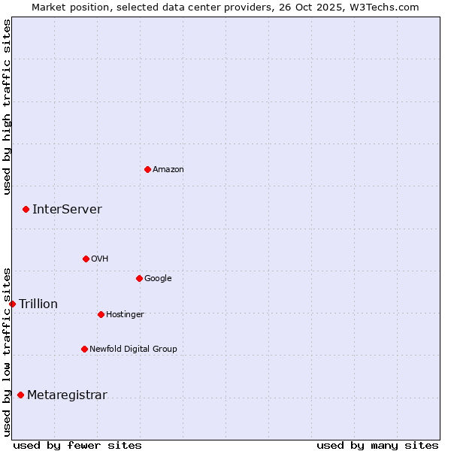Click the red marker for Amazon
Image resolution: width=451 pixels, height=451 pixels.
click(147, 169)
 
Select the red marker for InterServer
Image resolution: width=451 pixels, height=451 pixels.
click(26, 209)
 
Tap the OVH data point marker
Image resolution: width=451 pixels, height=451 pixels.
click(86, 259)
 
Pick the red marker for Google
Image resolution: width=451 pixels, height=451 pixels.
click(139, 278)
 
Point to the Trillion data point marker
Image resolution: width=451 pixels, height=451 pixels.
click(12, 304)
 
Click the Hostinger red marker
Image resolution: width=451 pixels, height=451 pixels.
click(101, 314)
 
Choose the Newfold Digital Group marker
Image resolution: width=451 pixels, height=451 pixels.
click(84, 349)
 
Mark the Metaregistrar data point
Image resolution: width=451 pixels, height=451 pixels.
click(20, 395)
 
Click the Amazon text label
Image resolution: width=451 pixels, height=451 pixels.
click(168, 170)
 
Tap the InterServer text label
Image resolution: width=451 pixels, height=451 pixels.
click(67, 209)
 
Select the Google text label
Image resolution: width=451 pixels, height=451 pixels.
click(158, 279)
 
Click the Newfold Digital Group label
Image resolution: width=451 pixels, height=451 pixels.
click(133, 349)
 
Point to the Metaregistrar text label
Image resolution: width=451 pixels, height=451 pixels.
click(67, 395)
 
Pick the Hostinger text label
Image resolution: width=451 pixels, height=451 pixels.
click(125, 314)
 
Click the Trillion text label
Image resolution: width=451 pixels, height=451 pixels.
click(38, 304)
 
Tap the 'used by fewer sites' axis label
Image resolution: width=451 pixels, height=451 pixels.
click(77, 445)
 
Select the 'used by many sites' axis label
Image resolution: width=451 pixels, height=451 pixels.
click(377, 445)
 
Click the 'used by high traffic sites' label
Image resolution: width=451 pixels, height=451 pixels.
click(7, 107)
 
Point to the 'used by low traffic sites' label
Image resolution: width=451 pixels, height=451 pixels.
click(7, 352)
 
